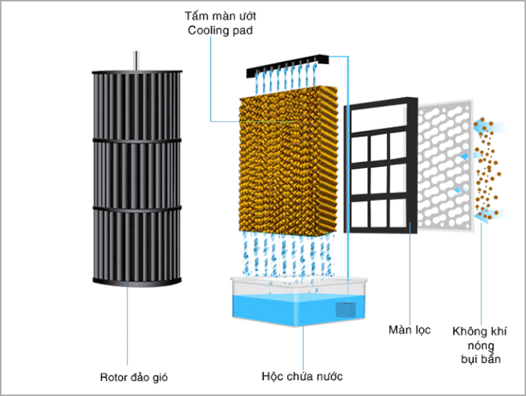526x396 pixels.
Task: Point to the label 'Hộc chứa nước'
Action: coord(302,376)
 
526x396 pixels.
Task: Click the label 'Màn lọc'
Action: coord(409,330)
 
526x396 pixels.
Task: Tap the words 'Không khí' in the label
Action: coord(479,332)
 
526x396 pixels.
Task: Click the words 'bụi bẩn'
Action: coord(478,359)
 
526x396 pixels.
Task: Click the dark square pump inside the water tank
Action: coord(347,309)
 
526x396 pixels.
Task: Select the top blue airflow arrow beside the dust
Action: coord(504,128)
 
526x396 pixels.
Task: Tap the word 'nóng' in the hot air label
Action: coord(478,346)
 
